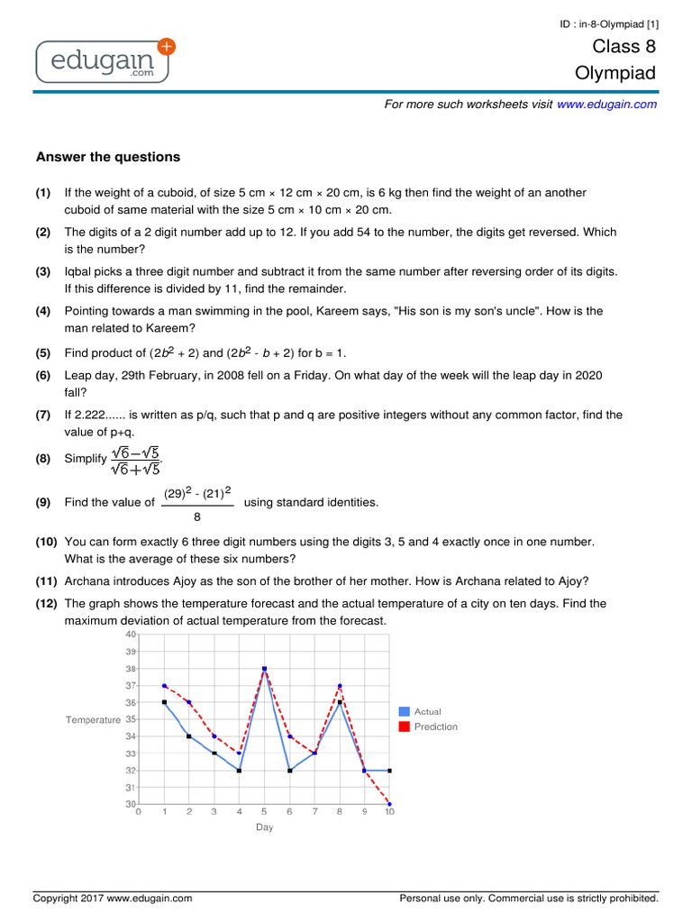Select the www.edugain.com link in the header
point(606,105)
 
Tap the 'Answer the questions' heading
point(108,157)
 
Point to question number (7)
point(43,415)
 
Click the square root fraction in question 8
point(135,459)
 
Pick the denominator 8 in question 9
point(196,517)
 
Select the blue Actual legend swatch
point(405,711)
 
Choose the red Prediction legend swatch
point(405,727)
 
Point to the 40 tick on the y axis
point(131,635)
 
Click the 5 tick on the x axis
point(264,812)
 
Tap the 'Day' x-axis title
point(264,827)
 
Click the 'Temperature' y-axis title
point(93,720)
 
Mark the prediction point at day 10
point(389,804)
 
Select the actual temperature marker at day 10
point(389,771)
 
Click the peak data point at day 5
point(264,669)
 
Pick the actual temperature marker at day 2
point(189,736)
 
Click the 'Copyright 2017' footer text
point(112,898)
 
